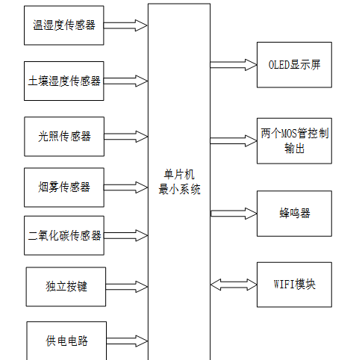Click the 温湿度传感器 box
pos(63,25)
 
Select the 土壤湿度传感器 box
pos(63,80)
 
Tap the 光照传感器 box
pos(63,136)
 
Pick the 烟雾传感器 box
pos(63,187)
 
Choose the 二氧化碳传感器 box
pos(63,235)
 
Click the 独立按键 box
pos(66,286)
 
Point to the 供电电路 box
pos(66,341)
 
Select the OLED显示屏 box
pos(295,65)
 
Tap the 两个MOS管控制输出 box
pos(295,140)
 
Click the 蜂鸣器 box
pos(295,213)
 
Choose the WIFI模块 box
pos(295,285)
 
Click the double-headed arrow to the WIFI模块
pos(233,285)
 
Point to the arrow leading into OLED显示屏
pos(233,65)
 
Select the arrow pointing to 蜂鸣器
pos(233,214)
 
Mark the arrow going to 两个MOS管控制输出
pos(233,140)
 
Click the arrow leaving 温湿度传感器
pos(125,25)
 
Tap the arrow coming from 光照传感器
pos(125,136)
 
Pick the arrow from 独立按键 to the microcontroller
pos(125,286)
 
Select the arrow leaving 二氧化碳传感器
pos(125,235)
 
